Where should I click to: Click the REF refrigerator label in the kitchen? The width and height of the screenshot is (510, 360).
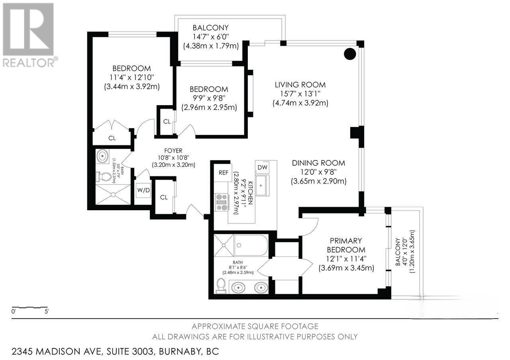224,173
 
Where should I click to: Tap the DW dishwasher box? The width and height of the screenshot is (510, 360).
262,167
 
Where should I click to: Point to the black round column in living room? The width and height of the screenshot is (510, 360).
350,54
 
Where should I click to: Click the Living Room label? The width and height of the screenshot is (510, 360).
300,85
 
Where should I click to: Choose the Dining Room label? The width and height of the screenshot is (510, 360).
318,163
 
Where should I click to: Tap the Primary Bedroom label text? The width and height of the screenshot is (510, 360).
346,245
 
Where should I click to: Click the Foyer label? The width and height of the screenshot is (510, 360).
173,151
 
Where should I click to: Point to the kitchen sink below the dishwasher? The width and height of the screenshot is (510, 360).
262,186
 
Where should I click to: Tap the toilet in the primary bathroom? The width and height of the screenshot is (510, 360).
220,286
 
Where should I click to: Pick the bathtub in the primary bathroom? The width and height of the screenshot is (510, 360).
251,245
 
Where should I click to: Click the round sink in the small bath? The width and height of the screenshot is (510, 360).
103,156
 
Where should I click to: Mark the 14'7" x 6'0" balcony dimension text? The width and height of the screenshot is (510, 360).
211,37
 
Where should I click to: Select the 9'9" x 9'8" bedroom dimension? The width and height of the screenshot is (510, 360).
209,98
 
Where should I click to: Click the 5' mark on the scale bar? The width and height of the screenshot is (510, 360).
47,311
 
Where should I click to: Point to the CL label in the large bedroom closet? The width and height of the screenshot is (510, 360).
112,138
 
